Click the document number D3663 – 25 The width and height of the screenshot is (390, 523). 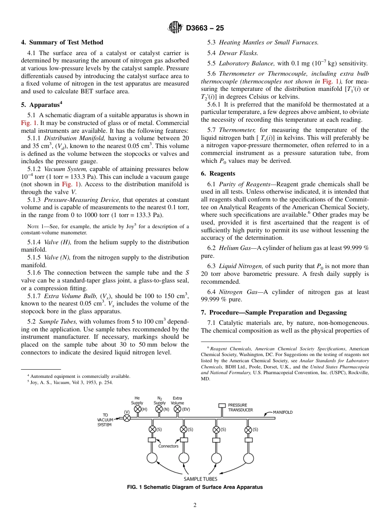(205, 28)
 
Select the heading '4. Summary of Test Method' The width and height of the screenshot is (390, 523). (62, 42)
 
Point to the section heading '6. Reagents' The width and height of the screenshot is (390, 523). (218, 174)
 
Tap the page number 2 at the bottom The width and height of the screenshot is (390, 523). (195, 505)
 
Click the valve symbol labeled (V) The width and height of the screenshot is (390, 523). (127, 418)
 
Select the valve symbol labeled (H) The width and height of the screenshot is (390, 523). (138, 409)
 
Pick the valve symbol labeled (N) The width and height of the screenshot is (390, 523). (159, 409)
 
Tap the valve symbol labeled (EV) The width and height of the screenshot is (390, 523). (178, 409)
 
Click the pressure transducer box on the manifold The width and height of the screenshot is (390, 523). (222, 405)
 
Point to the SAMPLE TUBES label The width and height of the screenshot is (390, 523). (200, 479)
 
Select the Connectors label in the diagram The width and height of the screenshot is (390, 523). (168, 446)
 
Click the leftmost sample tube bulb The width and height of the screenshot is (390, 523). (152, 458)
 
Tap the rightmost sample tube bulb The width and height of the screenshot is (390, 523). (248, 458)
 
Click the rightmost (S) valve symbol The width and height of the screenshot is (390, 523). (248, 430)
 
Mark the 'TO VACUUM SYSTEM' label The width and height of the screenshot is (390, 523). (105, 420)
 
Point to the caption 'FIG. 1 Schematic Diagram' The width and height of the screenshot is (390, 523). (195, 487)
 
